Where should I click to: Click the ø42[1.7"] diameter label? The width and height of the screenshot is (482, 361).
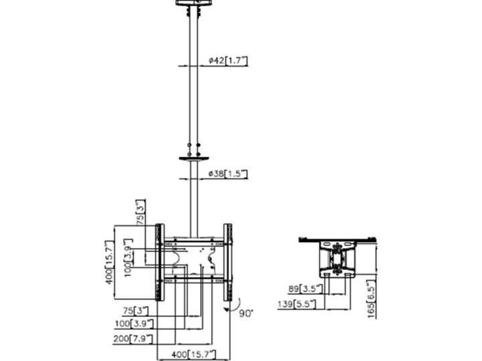coord(228,60)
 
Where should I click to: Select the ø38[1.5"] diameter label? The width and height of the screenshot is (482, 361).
coord(228,174)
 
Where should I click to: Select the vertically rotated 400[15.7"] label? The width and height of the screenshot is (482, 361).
coord(109,263)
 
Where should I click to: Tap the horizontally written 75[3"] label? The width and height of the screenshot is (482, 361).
coord(131,310)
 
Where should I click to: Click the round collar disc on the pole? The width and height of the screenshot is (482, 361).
coord(194,160)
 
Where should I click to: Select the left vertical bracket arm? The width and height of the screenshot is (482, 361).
coord(160,263)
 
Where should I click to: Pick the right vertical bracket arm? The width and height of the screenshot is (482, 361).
coord(228,263)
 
